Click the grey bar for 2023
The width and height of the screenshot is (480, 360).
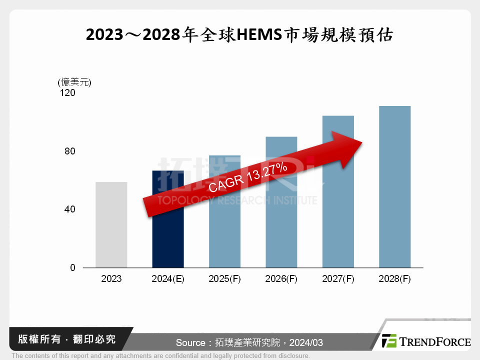pos(111,225)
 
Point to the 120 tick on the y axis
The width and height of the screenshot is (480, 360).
pos(68,92)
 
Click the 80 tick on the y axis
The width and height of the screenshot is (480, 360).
pos(70,151)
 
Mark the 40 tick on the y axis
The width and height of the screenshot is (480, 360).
pos(70,209)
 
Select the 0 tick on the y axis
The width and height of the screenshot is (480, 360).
pos(72,267)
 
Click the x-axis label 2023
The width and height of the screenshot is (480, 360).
pos(111,279)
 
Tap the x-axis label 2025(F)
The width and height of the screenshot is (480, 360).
pos(224,279)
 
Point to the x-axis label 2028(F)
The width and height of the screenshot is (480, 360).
pos(395,279)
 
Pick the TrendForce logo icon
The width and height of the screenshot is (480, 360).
pos(389,341)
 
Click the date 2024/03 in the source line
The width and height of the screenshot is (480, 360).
pos(306,342)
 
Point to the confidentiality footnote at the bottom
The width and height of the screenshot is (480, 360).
pos(160,355)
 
